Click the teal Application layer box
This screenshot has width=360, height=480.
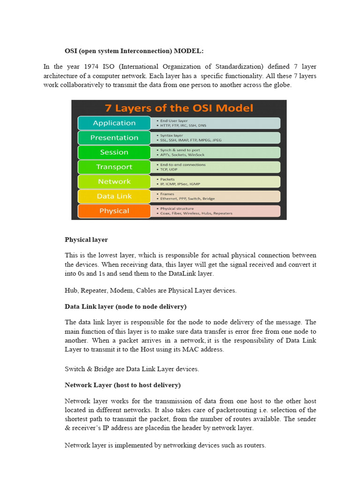click(x=114, y=123)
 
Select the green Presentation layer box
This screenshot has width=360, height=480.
click(x=114, y=137)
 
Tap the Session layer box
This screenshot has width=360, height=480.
click(x=114, y=152)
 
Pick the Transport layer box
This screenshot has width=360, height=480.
click(x=114, y=167)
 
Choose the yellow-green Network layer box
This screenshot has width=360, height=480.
click(x=114, y=181)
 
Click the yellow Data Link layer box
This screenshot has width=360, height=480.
click(x=114, y=196)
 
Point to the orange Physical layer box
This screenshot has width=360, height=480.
click(x=114, y=211)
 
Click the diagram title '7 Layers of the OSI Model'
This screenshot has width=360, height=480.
click(x=179, y=108)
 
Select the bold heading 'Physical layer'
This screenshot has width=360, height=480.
click(x=86, y=240)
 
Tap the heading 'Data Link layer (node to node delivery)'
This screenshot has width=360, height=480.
click(x=125, y=306)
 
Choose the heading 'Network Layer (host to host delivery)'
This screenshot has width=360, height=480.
click(x=122, y=385)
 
